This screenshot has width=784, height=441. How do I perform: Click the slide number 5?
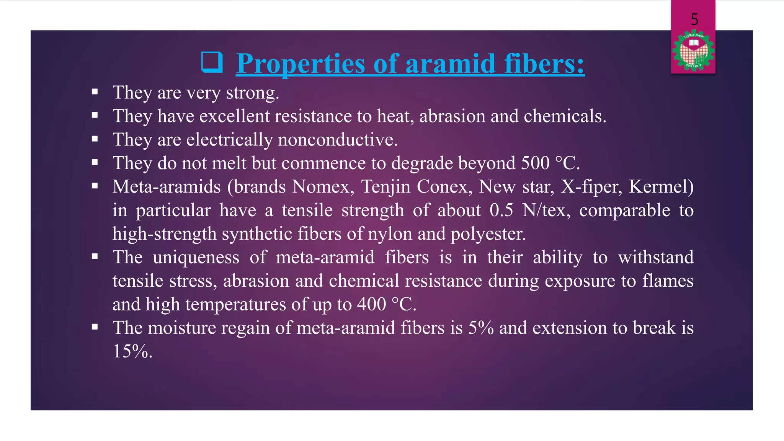[694, 20]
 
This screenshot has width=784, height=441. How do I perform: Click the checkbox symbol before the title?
[212, 62]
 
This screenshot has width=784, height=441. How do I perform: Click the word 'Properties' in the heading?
[301, 64]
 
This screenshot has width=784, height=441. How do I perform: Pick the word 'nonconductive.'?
[338, 140]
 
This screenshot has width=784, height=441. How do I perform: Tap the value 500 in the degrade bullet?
[535, 163]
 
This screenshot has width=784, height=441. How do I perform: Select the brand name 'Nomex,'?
[323, 187]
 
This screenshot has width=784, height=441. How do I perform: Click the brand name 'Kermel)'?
[661, 187]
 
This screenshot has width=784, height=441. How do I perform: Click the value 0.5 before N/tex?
[501, 211]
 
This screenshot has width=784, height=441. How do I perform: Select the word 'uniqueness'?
[196, 258]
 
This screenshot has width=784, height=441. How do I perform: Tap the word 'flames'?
[668, 281]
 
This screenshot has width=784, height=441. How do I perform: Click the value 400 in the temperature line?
[371, 305]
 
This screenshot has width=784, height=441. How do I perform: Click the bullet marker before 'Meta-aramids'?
[95, 186]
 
